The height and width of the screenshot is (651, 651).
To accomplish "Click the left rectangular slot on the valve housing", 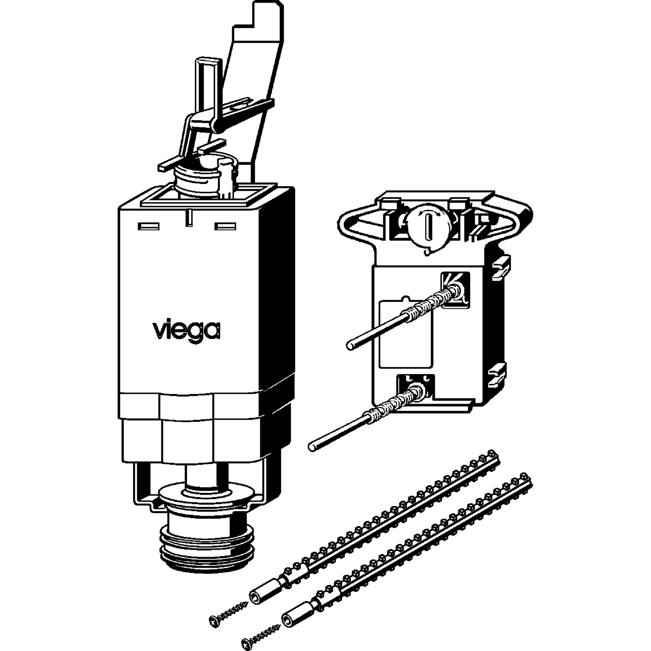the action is pyautogui.click(x=148, y=227).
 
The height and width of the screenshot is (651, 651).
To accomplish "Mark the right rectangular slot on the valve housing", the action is pyautogui.click(x=226, y=226).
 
